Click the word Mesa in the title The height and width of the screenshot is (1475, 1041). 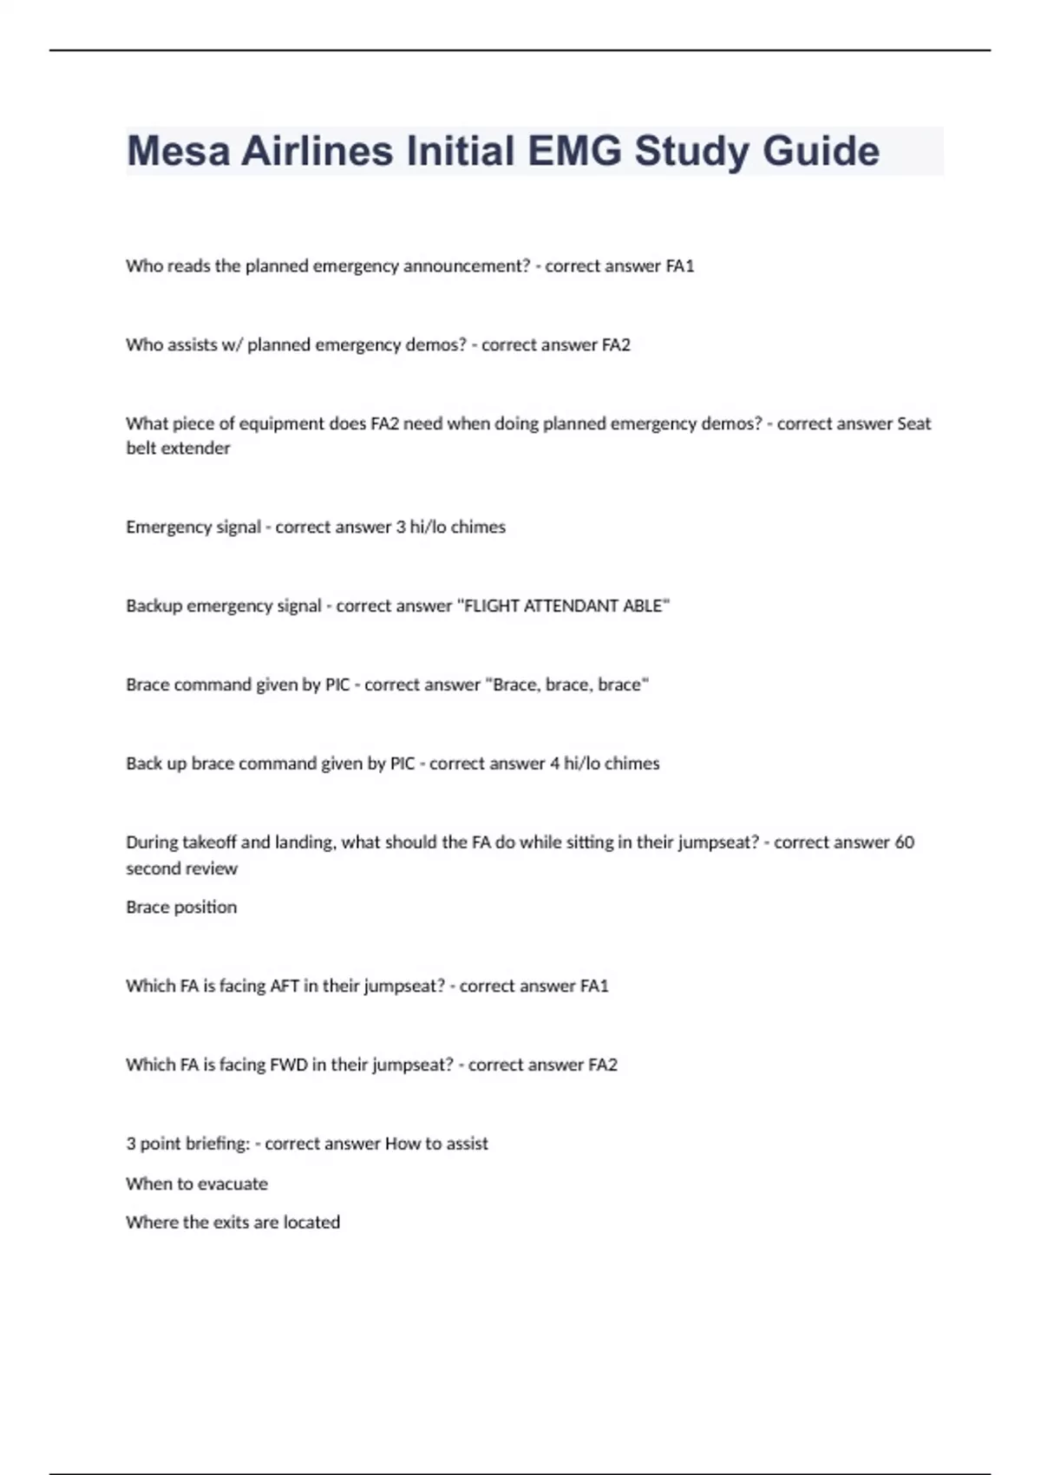tap(178, 151)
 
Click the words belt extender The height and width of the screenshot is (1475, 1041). tap(178, 449)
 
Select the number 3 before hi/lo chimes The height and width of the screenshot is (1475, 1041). tap(401, 528)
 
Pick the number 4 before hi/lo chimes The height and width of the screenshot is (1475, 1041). tap(554, 764)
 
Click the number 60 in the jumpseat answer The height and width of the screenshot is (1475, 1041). tap(904, 842)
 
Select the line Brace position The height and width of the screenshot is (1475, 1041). tap(181, 908)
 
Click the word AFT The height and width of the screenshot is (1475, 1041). tap(285, 987)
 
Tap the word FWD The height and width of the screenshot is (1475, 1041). tap(289, 1065)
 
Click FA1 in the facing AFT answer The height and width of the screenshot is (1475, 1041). tap(594, 987)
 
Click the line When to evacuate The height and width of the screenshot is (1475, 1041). tap(197, 1184)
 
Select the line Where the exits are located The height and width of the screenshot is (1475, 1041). tap(232, 1223)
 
